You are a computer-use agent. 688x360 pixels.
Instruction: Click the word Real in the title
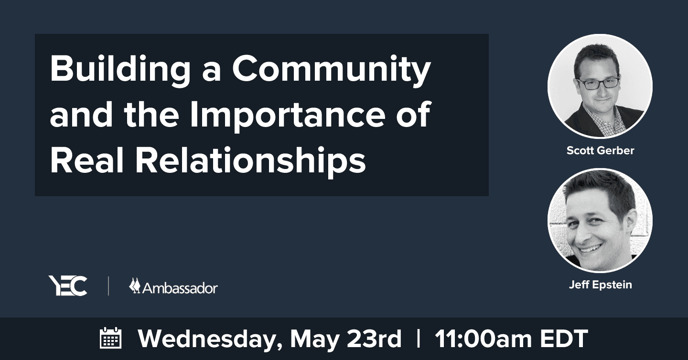87,160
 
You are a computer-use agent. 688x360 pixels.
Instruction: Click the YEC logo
68,286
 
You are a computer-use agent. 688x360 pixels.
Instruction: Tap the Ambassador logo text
180,288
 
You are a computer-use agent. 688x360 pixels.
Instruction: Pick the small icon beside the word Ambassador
135,286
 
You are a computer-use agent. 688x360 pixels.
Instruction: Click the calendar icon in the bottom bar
110,338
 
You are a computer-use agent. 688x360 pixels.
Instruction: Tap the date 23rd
374,339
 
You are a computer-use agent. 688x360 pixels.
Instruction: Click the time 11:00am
483,339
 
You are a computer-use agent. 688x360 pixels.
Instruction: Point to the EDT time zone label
564,339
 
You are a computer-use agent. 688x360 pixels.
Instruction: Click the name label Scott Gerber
600,150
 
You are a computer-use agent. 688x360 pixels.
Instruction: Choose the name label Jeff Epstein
600,285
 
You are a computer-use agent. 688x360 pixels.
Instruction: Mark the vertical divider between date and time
418,338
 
